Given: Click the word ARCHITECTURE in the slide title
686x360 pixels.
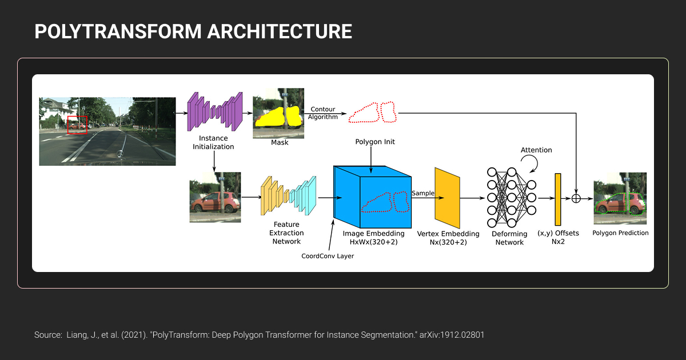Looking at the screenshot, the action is click(280, 31).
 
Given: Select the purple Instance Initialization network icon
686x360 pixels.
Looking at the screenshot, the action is click(215, 111).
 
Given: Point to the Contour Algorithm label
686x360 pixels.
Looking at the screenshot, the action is click(323, 113).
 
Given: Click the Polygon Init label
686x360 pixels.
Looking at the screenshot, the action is click(375, 142).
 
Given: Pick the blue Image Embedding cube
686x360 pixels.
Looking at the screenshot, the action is click(372, 197).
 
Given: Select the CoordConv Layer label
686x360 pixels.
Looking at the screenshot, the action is click(328, 256).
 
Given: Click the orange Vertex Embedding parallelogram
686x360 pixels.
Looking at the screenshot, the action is click(448, 198).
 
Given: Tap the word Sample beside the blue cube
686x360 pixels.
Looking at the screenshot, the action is click(423, 193).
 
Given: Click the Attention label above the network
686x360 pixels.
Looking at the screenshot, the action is click(536, 150).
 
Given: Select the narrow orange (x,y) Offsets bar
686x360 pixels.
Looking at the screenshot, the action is click(558, 199).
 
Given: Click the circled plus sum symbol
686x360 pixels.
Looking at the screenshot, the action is click(576, 199).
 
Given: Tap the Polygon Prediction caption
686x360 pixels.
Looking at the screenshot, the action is click(620, 233).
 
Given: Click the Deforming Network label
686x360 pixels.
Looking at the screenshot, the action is click(509, 238).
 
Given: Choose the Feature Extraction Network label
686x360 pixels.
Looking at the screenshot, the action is click(286, 233).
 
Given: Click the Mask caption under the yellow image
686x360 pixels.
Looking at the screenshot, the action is click(280, 142).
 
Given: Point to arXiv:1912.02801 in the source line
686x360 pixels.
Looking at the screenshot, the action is click(452, 335).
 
